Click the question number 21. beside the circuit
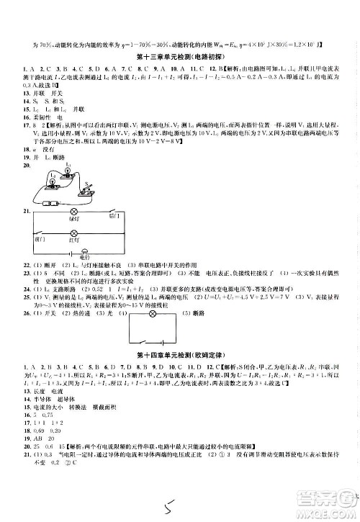[27, 211]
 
